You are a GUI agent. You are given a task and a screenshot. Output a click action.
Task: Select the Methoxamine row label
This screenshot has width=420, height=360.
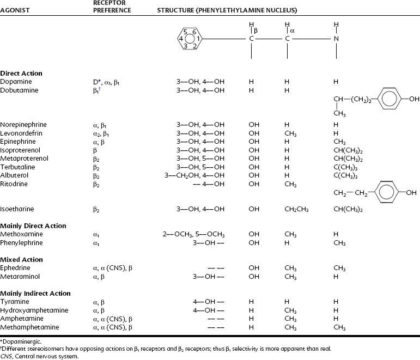(19, 234)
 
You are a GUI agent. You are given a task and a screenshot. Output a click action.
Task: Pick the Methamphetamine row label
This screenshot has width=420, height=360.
(25, 327)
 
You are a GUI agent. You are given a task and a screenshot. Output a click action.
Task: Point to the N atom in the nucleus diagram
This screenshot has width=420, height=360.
(336, 39)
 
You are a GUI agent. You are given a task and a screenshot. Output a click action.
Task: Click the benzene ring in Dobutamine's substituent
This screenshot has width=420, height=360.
(386, 99)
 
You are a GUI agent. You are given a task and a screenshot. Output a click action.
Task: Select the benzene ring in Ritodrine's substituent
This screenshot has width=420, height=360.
(386, 193)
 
